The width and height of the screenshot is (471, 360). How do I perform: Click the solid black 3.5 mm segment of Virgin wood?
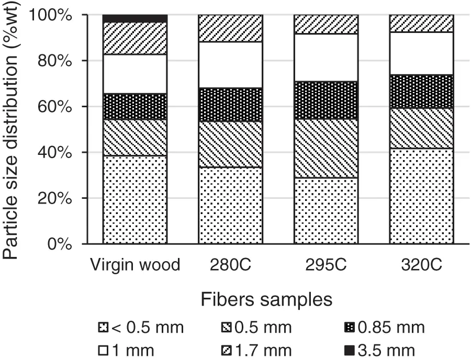(x=134, y=19)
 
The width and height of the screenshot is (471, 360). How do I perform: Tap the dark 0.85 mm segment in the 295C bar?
(x=326, y=100)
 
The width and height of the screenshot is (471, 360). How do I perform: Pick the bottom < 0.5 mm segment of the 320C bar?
(x=421, y=196)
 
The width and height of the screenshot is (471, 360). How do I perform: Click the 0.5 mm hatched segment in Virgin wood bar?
(x=134, y=137)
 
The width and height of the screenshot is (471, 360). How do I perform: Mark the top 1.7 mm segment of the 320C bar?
(x=421, y=24)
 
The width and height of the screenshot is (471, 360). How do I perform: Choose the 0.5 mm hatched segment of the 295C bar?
(x=326, y=148)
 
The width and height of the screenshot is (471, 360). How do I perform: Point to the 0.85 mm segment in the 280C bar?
(x=230, y=105)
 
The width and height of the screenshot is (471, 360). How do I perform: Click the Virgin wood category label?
(x=134, y=265)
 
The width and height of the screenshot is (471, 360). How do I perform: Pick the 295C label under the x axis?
(x=326, y=265)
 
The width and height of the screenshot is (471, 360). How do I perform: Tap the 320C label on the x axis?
(x=421, y=265)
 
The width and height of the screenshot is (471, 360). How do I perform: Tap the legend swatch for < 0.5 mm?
(x=103, y=329)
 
